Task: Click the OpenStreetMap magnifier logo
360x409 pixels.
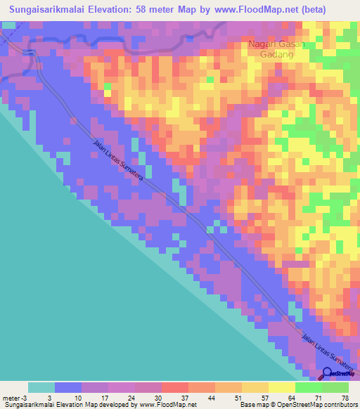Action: click(x=328, y=374)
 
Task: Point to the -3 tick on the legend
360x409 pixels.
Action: click(x=25, y=398)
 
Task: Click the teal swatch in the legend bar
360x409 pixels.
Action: click(x=41, y=387)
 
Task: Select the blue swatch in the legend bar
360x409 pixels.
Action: click(x=68, y=387)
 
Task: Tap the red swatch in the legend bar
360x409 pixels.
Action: click(x=175, y=387)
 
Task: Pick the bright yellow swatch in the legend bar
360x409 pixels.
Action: click(x=282, y=387)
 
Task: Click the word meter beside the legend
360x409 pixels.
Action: click(x=10, y=398)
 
